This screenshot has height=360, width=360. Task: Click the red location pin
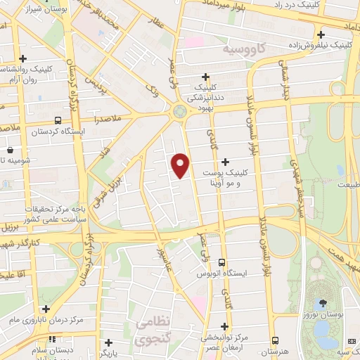(181, 165)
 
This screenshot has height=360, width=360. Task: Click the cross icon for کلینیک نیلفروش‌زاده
(320, 34)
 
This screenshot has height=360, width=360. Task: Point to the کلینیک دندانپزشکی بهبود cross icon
(206, 77)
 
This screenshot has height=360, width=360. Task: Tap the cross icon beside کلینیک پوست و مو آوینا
(225, 162)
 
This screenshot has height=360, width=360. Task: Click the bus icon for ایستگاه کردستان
(57, 120)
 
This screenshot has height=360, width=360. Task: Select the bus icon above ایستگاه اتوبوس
(221, 262)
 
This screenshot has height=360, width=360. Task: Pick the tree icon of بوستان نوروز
(323, 303)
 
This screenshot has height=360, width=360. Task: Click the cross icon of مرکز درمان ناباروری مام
(46, 309)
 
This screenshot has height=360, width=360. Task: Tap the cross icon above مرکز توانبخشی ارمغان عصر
(224, 326)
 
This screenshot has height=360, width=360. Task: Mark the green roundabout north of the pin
(180, 110)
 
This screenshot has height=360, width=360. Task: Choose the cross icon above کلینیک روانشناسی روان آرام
(23, 58)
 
